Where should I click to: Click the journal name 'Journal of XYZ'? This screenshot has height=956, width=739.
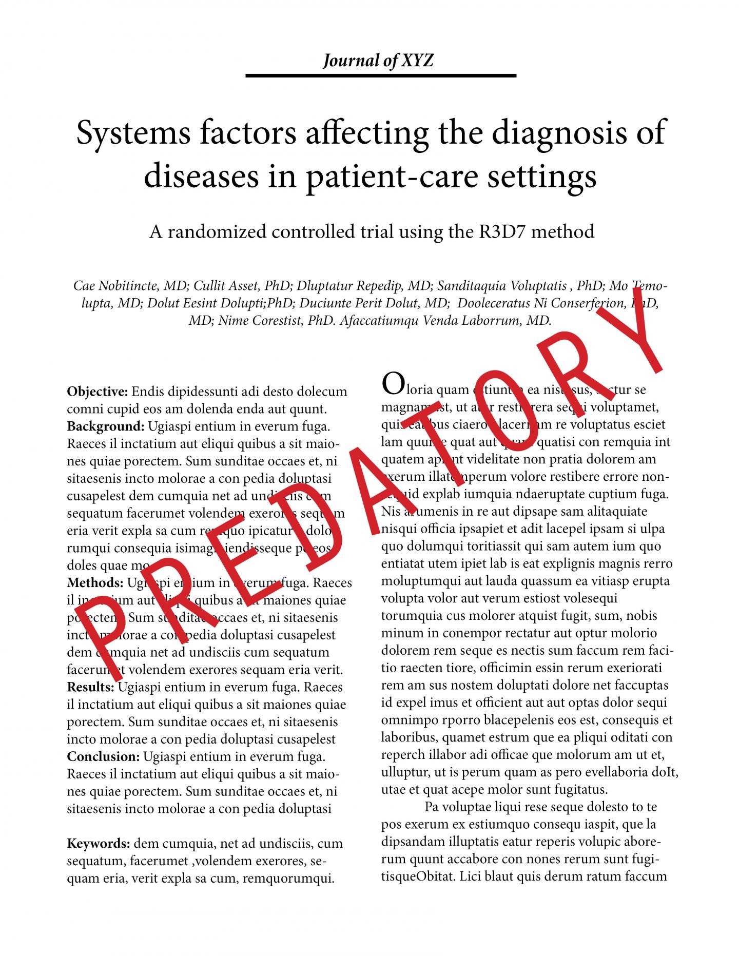pos(378,61)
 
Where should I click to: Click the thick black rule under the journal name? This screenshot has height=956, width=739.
pos(380,76)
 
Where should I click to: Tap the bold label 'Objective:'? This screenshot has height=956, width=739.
pos(97,392)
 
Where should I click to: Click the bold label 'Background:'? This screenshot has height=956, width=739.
pos(106,426)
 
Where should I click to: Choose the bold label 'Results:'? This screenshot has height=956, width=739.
pos(90,687)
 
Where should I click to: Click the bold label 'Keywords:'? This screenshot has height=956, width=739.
pos(99,844)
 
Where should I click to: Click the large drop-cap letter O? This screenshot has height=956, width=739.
pos(391,384)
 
